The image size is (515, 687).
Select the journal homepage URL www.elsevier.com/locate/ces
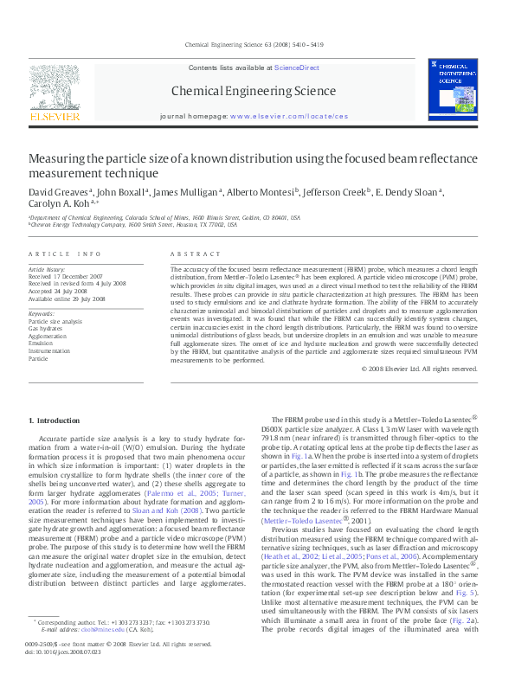(x=289, y=115)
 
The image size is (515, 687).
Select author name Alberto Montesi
(x=261, y=191)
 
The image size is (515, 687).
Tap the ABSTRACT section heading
(x=190, y=254)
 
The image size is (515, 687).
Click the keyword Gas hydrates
(x=46, y=329)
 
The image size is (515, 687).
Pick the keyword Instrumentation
(x=49, y=350)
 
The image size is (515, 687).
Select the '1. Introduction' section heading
(x=55, y=421)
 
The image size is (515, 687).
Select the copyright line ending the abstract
(x=425, y=393)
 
